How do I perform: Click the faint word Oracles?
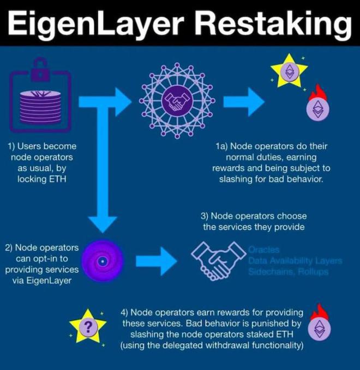(264, 250)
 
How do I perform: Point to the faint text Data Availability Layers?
(295, 261)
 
